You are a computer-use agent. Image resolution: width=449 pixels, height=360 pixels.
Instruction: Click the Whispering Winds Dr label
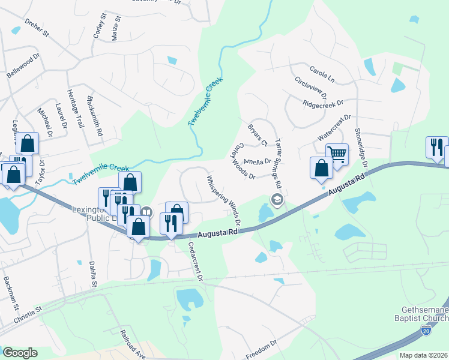[224, 200]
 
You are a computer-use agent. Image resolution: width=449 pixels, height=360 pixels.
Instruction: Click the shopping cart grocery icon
[337, 154]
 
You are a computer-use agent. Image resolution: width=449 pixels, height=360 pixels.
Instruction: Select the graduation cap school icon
[277, 200]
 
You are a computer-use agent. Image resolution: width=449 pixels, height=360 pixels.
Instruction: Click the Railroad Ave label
[133, 344]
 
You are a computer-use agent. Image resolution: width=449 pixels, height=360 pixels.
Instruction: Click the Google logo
[20, 353]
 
